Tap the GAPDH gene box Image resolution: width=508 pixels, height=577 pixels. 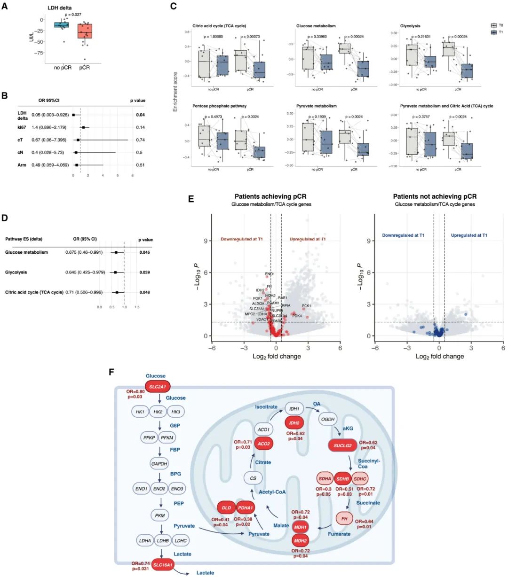point(159,464)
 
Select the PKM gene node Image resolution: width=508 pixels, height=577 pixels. point(159,515)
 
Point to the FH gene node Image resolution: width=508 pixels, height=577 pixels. point(344,519)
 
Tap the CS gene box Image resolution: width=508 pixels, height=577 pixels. point(253,478)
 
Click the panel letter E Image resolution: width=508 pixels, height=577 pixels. point(191,199)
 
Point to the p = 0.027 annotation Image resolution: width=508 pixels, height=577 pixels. point(73,15)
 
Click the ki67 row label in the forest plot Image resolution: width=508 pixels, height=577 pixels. point(22,127)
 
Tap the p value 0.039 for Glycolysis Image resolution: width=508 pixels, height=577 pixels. point(144,273)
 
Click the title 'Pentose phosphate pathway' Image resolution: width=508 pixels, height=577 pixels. point(219,106)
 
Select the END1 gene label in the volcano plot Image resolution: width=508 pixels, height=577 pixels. point(270,274)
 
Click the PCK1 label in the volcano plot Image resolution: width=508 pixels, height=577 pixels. point(306,306)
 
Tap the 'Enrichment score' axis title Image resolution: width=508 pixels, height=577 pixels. point(175,91)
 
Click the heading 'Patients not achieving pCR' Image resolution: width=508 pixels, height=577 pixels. point(435,196)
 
